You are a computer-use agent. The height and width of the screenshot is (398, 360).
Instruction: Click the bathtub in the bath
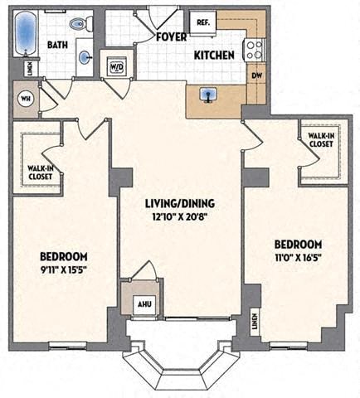(x=26, y=32)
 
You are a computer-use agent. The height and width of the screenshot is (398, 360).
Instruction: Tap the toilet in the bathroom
(x=80, y=25)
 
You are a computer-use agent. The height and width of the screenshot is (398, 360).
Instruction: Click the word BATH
(x=58, y=45)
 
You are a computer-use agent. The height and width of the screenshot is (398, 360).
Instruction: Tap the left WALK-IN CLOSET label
(x=36, y=172)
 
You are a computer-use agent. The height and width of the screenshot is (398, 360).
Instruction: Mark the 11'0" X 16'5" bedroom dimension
(x=297, y=258)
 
